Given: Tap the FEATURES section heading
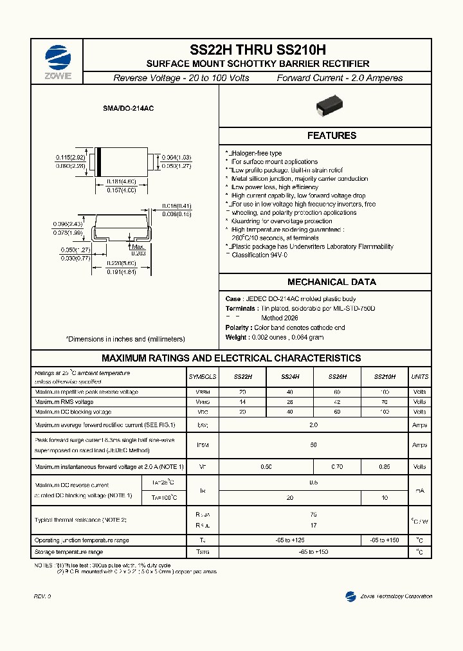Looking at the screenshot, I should click(331, 136).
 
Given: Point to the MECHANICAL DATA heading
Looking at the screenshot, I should click(331, 282).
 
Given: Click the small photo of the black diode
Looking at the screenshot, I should click(331, 108).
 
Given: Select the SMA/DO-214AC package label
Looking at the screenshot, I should click(128, 109).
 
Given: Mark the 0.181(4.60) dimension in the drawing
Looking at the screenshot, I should click(121, 181).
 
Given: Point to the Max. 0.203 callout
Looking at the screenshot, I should click(138, 250).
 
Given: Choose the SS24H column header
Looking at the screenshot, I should click(290, 377).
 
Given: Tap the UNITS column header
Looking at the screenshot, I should click(419, 377).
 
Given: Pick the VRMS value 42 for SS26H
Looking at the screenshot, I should click(337, 402).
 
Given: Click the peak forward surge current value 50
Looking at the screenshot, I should click(313, 445).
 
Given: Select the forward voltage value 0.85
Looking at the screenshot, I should click(384, 466).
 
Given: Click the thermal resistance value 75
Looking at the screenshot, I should click(313, 514).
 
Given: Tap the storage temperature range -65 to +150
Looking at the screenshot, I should click(313, 552).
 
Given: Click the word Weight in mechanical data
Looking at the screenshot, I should click(235, 337).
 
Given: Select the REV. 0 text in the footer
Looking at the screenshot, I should click(42, 597).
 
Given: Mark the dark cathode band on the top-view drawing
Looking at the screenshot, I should click(98, 162).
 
